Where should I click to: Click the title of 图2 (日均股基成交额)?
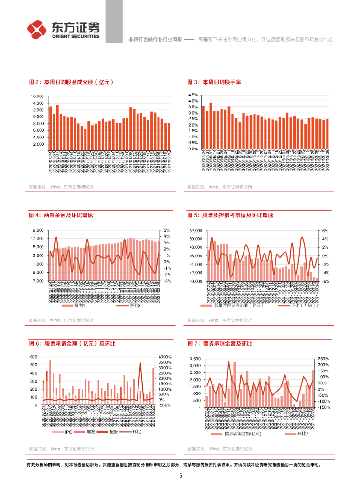pos(71,82)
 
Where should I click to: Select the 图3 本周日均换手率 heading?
pos(214,82)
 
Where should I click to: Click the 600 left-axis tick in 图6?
pos(33,357)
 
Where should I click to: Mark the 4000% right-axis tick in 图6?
pos(164,357)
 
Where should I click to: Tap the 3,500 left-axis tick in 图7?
pos(195,359)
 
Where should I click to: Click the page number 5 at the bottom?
pos(180,476)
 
